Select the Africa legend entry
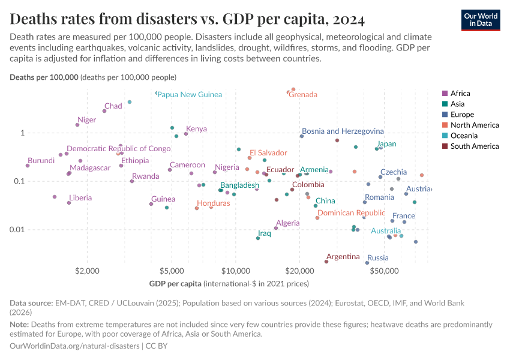point(460,93)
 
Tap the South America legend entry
point(474,146)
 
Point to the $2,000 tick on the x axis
point(88,271)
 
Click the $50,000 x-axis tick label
point(384,271)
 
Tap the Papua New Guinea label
point(190,95)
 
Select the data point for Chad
point(104,111)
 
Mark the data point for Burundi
point(28,166)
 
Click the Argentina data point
point(326,262)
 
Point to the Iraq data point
point(258,238)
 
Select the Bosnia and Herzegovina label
point(343,131)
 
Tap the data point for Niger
point(77,125)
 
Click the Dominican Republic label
point(351,213)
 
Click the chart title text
point(187,20)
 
